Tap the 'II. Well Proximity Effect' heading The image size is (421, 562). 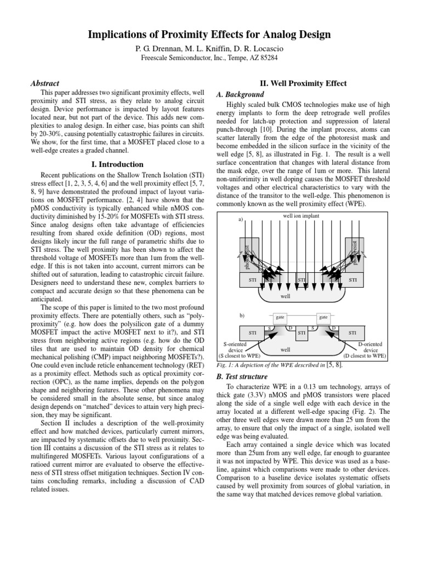pyautogui.click(x=305, y=83)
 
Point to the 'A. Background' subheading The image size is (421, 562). pyautogui.click(x=242, y=94)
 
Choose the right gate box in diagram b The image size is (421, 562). pyautogui.click(x=323, y=318)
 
